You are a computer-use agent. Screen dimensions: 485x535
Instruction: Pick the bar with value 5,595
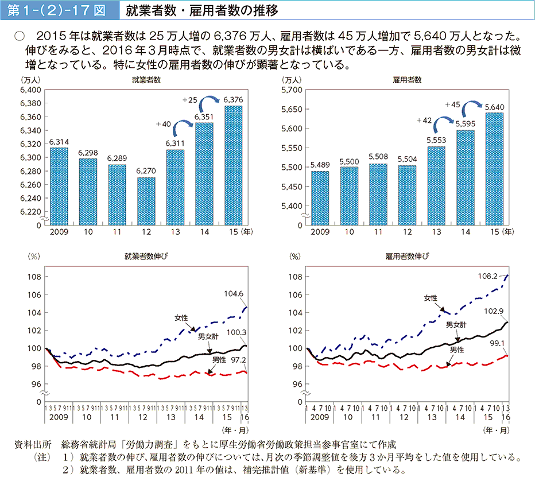click(466, 177)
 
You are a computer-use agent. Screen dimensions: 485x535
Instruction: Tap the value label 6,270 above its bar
click(146, 170)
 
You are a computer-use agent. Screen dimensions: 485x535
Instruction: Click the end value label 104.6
click(234, 294)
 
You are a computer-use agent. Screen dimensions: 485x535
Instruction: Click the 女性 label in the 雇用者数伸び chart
click(431, 298)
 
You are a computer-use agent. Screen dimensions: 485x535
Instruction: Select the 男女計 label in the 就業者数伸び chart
click(208, 336)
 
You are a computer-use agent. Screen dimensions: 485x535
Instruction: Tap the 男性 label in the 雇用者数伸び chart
click(456, 350)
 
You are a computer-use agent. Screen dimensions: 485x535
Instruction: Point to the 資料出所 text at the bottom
click(36, 445)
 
